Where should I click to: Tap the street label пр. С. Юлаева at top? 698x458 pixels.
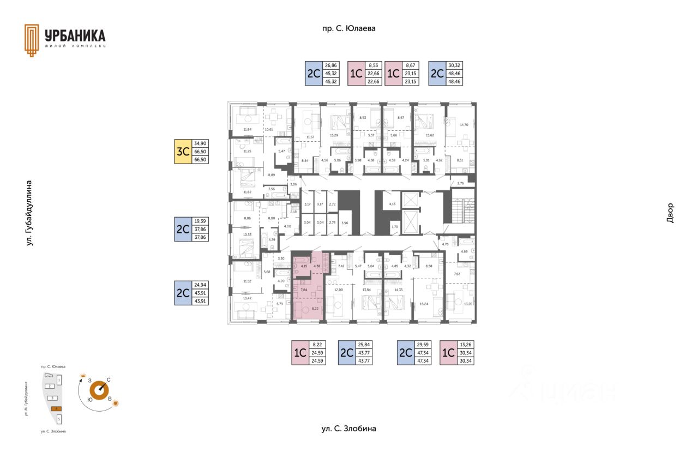349,28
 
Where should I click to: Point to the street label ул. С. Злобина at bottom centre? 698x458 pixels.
349,429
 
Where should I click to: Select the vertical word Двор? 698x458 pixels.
670,213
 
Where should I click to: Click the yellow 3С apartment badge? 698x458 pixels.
182,152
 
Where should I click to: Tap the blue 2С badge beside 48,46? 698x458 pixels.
436,73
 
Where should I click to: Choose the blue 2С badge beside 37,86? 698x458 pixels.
182,229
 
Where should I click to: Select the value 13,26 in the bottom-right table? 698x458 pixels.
466,344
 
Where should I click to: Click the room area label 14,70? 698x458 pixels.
464,125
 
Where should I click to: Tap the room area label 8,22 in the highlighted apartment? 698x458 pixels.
314,309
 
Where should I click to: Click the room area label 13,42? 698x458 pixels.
247,299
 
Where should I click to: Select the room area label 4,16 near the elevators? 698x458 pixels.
392,204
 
